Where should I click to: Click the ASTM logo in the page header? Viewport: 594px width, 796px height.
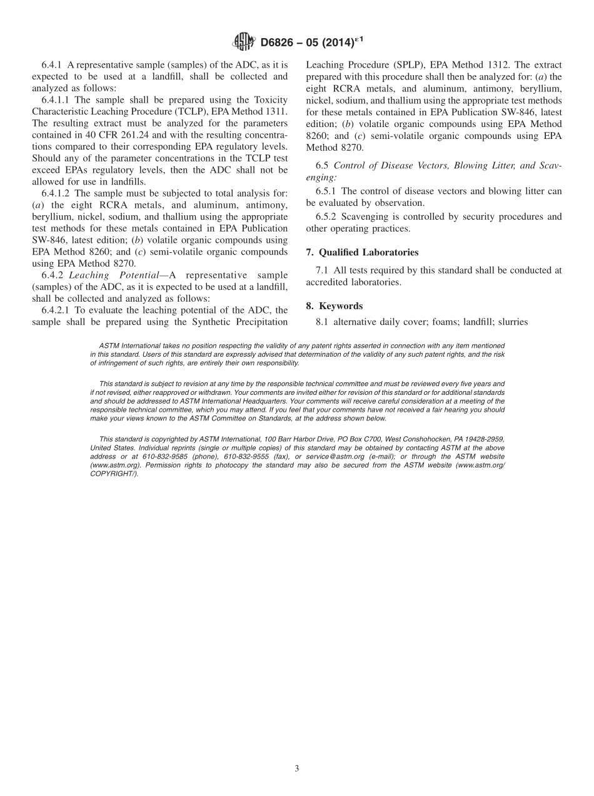coord(244,42)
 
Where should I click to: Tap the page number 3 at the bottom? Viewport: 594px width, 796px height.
coord(297,768)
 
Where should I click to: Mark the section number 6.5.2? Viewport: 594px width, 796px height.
coord(328,217)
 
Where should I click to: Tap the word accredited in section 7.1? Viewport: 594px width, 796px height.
coord(326,282)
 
